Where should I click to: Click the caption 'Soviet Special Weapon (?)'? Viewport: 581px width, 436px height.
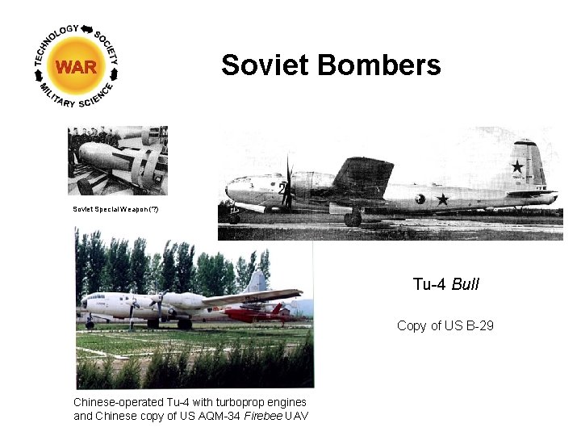click(116, 209)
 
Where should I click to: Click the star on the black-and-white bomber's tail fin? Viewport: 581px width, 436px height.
click(517, 166)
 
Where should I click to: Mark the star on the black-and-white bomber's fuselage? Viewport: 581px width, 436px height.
click(442, 199)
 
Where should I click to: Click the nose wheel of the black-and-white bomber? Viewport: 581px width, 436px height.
click(234, 218)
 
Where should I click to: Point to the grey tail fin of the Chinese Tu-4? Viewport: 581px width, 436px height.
click(257, 282)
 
